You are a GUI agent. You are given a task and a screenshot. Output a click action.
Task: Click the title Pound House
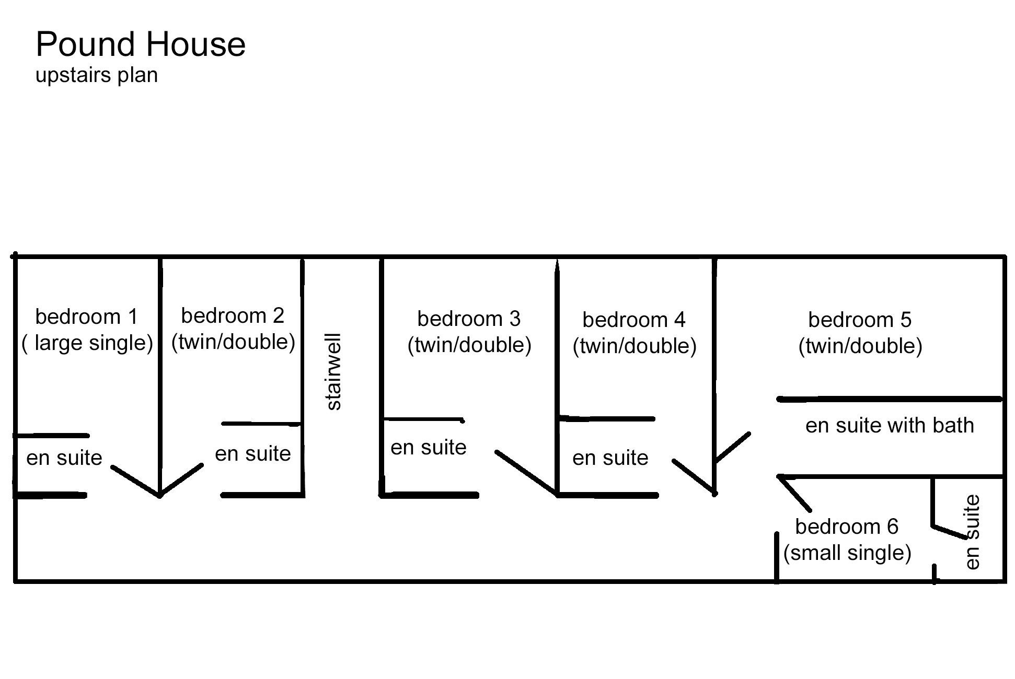(141, 44)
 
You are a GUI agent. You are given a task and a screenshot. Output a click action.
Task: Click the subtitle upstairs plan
(97, 76)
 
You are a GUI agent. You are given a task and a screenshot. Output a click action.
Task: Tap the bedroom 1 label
(86, 317)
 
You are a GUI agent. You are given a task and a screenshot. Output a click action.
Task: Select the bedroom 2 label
(233, 315)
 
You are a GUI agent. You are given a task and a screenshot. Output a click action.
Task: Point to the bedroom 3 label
(469, 319)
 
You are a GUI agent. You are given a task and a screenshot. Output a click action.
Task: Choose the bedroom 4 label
(634, 320)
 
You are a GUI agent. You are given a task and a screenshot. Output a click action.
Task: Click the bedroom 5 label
(860, 320)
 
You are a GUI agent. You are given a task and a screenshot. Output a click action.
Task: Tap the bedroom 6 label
(847, 526)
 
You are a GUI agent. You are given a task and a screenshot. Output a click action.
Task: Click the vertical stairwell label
(333, 372)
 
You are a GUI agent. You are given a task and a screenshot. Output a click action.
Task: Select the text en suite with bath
(890, 425)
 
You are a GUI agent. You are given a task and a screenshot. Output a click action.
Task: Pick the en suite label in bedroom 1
(64, 458)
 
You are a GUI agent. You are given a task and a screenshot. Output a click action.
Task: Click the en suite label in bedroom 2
(253, 453)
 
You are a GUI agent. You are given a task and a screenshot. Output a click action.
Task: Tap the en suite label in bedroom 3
(429, 447)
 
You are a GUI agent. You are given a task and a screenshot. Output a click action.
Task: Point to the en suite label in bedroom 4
(610, 458)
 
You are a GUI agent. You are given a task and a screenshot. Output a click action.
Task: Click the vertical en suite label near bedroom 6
(972, 532)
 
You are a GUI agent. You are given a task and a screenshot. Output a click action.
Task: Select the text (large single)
(87, 343)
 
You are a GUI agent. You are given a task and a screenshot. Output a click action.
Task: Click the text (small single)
(847, 553)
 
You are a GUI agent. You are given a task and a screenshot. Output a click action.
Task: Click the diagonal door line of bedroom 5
(732, 448)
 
